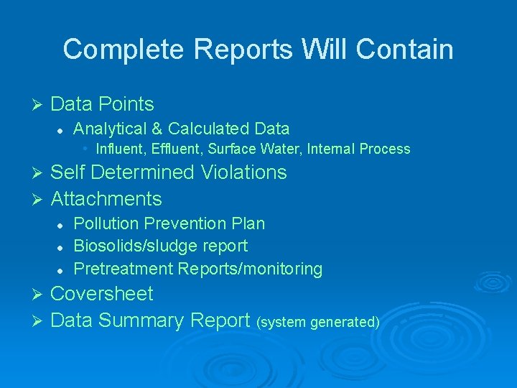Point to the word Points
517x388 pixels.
126,104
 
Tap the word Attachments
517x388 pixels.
106,198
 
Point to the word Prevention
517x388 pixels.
180,223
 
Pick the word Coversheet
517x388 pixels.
102,293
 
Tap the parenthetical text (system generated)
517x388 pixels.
318,322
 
